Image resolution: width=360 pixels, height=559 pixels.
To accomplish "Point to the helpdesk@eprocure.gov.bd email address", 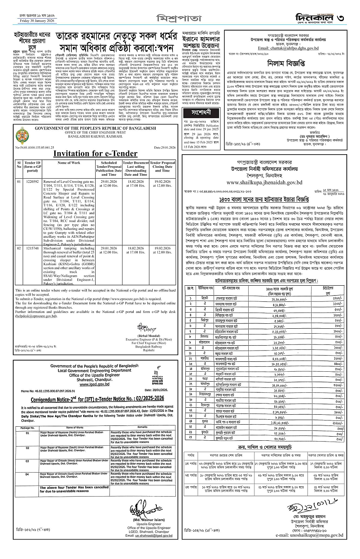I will point(36,315).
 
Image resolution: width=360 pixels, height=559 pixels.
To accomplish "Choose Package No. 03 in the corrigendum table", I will point(27,460).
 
